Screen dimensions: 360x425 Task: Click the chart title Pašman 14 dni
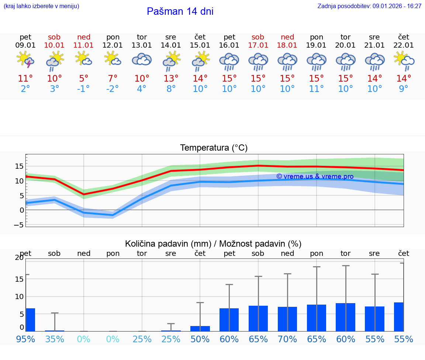[180, 11]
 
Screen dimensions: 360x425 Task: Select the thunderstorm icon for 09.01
[25, 60]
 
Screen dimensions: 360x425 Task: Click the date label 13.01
[142, 45]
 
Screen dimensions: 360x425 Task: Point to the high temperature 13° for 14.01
[171, 79]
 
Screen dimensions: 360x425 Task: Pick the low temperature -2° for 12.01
[113, 89]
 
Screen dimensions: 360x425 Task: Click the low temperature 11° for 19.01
[317, 89]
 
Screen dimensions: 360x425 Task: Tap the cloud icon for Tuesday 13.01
[142, 60]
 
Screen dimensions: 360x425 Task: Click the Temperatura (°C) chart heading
[214, 148]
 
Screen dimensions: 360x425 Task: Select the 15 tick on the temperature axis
[20, 166]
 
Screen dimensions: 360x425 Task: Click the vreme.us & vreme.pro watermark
[315, 176]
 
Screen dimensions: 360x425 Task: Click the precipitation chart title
[213, 244]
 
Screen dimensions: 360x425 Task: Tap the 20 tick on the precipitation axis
[19, 258]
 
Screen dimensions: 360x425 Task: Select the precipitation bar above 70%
[287, 319]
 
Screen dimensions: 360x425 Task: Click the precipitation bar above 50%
[200, 329]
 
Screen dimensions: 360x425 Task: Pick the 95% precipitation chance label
[25, 339]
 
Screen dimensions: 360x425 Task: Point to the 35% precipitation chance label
[55, 339]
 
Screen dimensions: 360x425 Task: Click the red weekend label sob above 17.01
[258, 37]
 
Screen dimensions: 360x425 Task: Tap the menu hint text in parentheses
[41, 6]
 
